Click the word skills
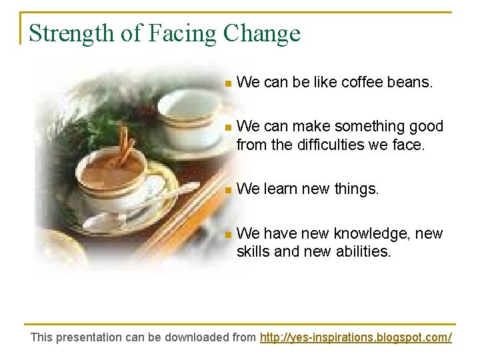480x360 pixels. (254, 251)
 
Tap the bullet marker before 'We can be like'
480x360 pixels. (228, 84)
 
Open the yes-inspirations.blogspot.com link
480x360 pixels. (355, 337)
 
